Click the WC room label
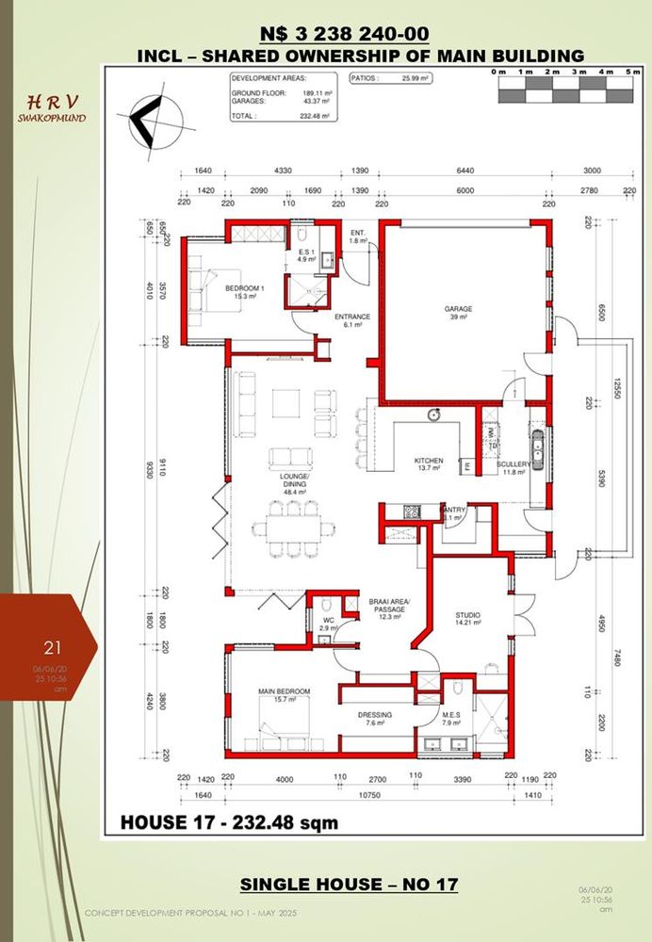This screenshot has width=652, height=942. click(327, 621)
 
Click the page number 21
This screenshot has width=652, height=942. click(53, 647)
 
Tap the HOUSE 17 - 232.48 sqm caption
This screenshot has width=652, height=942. click(229, 822)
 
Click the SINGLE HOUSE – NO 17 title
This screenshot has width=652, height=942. click(349, 885)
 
